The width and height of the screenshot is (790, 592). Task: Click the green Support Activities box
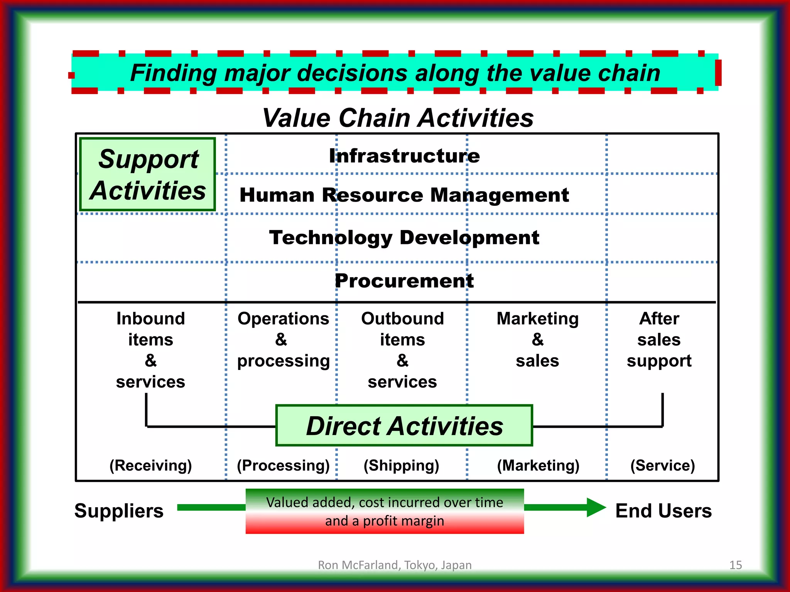coord(147,175)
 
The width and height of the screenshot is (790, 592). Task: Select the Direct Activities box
coord(404,426)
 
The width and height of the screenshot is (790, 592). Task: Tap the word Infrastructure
coord(404,156)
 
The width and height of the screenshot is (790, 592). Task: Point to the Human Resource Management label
coord(404,195)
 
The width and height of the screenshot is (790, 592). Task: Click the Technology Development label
coord(404,237)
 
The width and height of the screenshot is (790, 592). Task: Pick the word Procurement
coord(404,281)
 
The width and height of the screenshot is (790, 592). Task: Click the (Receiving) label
coord(150,466)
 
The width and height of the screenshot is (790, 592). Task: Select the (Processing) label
coord(283,466)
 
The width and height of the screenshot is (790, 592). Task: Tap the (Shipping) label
coord(401,466)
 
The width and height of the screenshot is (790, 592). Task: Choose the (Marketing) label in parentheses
coord(538,466)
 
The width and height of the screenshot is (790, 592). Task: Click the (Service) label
coord(662,466)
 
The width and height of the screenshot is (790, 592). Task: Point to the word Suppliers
coord(119,511)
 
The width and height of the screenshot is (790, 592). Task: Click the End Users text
coord(663,511)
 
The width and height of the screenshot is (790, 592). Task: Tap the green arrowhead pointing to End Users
coord(596,507)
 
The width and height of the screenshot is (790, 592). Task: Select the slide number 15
coord(736,565)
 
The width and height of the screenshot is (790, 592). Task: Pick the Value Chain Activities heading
coord(398,118)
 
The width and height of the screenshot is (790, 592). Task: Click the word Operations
coord(283,319)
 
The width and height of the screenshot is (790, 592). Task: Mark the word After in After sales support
coord(659,319)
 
